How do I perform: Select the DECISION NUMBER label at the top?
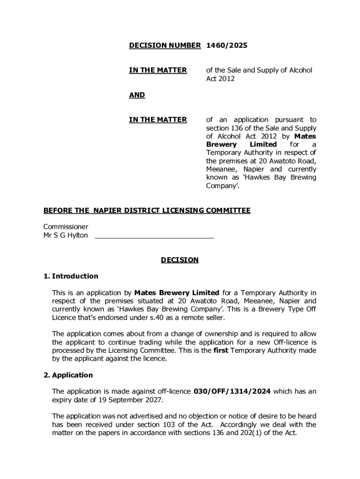[165, 45]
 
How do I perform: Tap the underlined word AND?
[137, 95]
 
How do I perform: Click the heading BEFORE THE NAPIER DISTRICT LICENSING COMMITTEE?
[147, 210]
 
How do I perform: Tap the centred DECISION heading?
[180, 260]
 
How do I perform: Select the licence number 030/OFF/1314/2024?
[232, 391]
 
